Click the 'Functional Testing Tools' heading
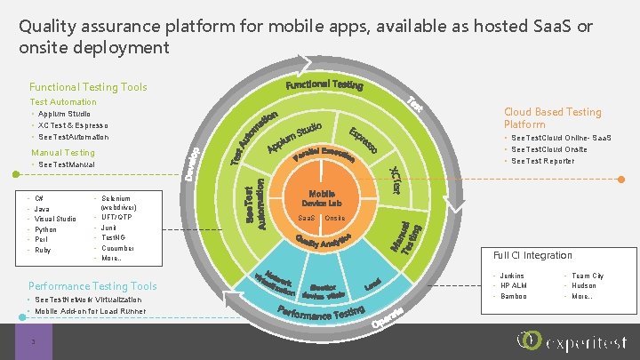88,87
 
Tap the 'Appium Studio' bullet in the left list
65,114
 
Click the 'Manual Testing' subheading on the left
63,153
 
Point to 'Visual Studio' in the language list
56,219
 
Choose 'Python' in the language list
46,229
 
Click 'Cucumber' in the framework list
117,248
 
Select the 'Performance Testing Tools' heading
92,286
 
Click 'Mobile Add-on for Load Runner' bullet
90,312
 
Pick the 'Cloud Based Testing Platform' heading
552,118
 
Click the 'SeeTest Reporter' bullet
544,161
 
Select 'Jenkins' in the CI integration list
513,276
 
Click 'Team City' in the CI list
588,276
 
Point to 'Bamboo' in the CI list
514,296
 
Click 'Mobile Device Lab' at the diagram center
321,198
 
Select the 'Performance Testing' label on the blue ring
322,314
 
